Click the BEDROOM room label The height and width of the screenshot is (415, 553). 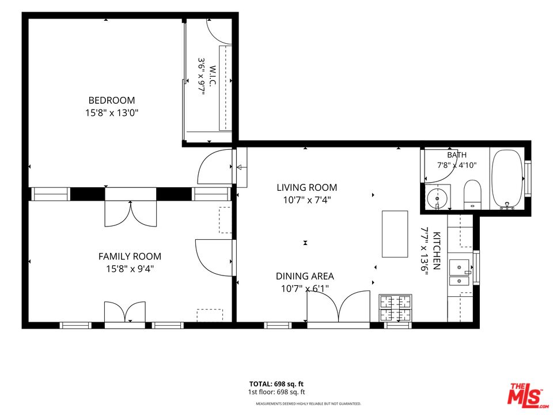tap(111, 100)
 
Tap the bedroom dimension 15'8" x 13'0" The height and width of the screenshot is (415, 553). tap(111, 113)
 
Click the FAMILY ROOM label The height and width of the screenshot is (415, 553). tap(130, 256)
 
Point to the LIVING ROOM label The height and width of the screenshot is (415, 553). tap(307, 187)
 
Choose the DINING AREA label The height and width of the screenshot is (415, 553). tap(305, 276)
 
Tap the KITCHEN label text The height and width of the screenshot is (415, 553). tap(436, 251)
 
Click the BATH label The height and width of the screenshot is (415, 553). tap(457, 154)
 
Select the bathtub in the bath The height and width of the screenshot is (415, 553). tap(507, 179)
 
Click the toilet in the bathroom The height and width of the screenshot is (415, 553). tap(472, 194)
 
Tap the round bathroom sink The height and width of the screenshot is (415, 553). tap(438, 198)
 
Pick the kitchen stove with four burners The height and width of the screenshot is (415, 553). tap(395, 308)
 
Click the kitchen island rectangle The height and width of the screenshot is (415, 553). tap(395, 234)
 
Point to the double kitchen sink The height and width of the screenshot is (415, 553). tap(460, 273)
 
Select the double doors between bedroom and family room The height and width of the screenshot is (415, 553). tap(131, 213)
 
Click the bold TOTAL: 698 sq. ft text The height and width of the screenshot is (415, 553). tap(276, 384)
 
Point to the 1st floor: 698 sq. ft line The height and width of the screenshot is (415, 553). tap(276, 392)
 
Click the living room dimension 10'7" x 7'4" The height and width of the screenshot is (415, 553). tap(307, 200)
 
